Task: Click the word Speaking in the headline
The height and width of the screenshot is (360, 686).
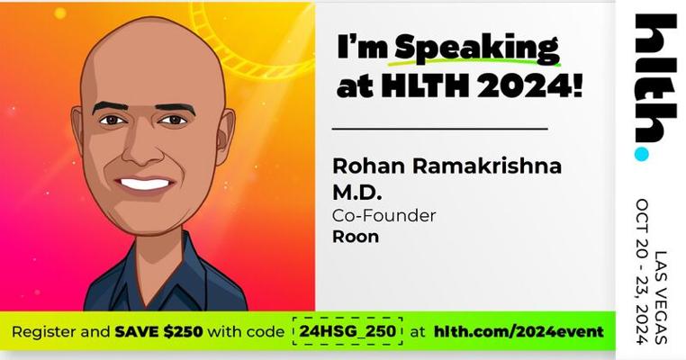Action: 477,48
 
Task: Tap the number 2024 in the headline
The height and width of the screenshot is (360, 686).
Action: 525,86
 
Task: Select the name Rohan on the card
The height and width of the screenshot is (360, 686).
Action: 369,166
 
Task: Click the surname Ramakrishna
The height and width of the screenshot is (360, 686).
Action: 487,166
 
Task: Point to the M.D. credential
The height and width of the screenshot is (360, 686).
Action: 357,192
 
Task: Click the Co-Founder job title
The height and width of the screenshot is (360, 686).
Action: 384,216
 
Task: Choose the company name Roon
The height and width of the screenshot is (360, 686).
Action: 356,237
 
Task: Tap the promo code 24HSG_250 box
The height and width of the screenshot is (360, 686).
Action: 348,331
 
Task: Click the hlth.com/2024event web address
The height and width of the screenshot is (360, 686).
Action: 519,331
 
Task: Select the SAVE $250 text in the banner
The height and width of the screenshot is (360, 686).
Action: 158,331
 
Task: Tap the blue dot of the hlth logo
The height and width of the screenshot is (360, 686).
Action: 641,154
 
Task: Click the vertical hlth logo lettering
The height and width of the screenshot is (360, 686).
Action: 655,78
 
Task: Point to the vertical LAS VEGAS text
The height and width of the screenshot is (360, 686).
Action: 660,298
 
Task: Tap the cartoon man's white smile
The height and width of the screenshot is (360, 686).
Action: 145,184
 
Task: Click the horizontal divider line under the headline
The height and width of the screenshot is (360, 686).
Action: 439,129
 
